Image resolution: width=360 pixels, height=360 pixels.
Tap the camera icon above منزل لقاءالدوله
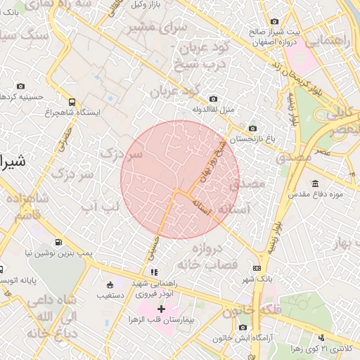coord(214,99)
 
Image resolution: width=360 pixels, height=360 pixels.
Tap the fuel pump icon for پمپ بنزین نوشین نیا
coord(58,241)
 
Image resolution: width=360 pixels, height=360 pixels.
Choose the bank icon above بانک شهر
coord(257,268)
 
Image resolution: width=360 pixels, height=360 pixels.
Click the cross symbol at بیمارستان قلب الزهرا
coord(161,309)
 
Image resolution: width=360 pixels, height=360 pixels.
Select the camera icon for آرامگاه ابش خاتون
coord(243,327)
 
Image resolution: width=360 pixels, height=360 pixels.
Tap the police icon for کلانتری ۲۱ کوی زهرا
coord(322,338)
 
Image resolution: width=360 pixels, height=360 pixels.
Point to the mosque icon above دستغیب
coord(110,285)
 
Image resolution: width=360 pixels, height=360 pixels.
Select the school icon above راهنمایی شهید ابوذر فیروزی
coord(154,272)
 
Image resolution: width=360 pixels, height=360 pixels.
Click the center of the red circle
coord(180,180)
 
